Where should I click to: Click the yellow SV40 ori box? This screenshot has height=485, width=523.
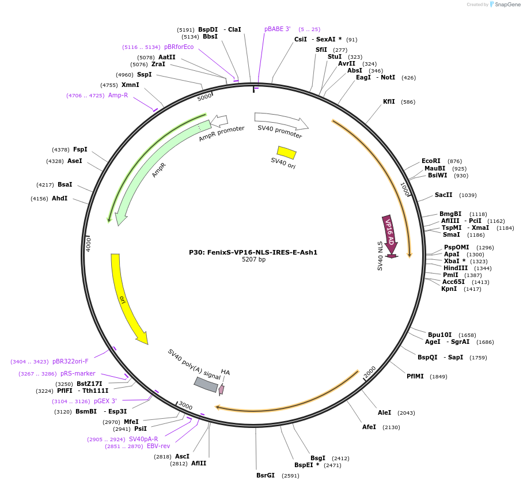pyautogui.click(x=286, y=153)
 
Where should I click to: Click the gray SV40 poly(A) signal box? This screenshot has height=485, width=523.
pyautogui.click(x=206, y=385)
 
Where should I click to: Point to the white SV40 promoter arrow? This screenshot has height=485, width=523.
pyautogui.click(x=281, y=121)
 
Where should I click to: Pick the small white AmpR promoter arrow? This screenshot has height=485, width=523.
pyautogui.click(x=219, y=121)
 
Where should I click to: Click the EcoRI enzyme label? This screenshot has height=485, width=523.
pyautogui.click(x=431, y=161)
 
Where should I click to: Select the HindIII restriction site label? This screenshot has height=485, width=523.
pyautogui.click(x=455, y=268)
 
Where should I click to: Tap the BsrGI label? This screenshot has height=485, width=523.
pyautogui.click(x=266, y=475)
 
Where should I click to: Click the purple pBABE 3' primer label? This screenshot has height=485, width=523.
pyautogui.click(x=277, y=29)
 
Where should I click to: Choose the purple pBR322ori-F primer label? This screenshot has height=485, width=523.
pyautogui.click(x=70, y=361)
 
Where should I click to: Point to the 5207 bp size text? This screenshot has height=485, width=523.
pyautogui.click(x=254, y=259)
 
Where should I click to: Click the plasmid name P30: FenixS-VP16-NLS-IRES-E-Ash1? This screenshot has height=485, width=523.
pyautogui.click(x=253, y=252)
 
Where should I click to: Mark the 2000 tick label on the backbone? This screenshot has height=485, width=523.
pyautogui.click(x=370, y=372)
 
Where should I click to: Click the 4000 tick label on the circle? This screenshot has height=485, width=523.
pyautogui.click(x=88, y=244)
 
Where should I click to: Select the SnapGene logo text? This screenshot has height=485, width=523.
pyautogui.click(x=507, y=5)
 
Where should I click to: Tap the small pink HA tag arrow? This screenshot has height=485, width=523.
pyautogui.click(x=221, y=389)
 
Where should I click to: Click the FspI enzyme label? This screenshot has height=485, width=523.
pyautogui.click(x=80, y=149)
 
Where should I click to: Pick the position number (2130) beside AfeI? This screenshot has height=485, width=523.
pyautogui.click(x=391, y=427)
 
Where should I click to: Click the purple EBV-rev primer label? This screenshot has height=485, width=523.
pyautogui.click(x=158, y=446)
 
